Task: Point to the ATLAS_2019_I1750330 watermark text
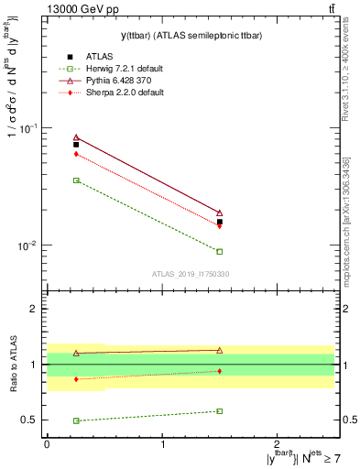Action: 191,273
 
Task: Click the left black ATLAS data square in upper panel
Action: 76,145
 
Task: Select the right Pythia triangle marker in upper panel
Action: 219,213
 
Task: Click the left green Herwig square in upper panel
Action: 76,180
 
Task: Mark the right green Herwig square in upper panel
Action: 219,251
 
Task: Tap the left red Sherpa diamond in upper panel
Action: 76,154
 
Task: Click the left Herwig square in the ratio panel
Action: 76,420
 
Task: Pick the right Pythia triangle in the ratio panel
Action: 219,350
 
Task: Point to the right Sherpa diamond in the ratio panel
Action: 219,371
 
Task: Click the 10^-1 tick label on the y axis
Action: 30,128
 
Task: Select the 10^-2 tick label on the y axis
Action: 30,245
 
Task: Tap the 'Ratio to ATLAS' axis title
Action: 12,364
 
